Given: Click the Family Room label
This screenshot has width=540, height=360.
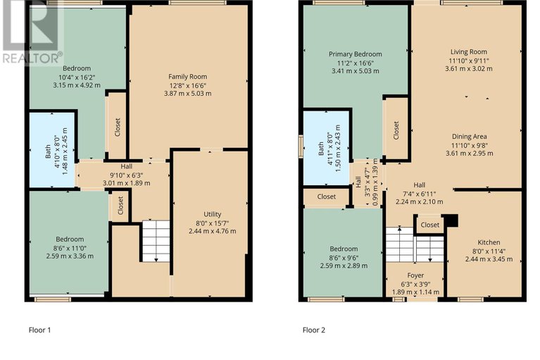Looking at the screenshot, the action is point(188,77).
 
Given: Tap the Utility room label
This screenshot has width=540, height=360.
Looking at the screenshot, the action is point(212,214).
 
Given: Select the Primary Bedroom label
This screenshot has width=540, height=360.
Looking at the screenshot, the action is point(355,54).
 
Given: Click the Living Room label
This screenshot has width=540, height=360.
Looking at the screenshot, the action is point(469,51).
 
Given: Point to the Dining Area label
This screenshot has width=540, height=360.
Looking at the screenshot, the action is point(470,137).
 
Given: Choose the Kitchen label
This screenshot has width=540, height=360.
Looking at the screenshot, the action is point(489,242).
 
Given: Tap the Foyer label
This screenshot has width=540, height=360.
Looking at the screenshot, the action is point(415,275).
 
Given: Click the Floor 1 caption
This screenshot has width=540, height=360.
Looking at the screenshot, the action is point(39,330).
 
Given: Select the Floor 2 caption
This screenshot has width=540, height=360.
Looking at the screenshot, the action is point(314,330).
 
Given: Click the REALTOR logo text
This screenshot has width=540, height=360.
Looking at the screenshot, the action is point(32,58).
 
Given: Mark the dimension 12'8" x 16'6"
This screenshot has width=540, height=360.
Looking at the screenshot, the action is point(188,85).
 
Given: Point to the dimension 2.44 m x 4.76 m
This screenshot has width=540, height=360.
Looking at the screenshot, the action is point(212,231).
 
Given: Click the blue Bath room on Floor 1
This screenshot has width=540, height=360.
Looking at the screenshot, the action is point(52,150).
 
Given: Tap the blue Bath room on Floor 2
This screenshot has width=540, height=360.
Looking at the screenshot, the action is point(326,148).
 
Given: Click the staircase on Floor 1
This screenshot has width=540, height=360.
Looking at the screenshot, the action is point(156,241).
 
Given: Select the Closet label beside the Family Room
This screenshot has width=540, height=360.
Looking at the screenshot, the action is point(118,127).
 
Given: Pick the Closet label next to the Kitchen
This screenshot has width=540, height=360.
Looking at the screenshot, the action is point(429,225).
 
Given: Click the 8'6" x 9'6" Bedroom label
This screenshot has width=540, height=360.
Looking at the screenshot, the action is point(344,249).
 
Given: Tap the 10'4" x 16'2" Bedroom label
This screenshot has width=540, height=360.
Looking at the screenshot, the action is point(77,68).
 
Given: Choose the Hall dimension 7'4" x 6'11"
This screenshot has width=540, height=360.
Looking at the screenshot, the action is point(420,194).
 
